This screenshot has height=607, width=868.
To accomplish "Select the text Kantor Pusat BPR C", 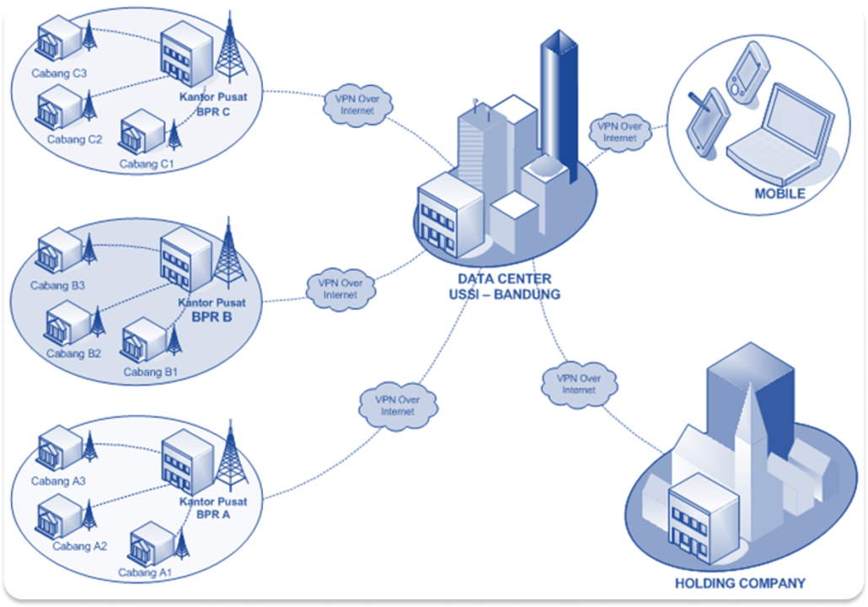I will pos(213,104).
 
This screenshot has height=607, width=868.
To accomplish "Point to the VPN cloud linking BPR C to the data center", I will pos(352,105).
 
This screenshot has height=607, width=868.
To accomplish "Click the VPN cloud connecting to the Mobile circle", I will pos(619,132).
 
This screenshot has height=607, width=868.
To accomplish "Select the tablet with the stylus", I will pos(706,118).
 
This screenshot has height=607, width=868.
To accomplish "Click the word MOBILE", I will pos(780,194).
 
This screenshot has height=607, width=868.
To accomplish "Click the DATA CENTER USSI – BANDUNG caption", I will pos(505,287).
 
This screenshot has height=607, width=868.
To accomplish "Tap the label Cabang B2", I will pos(73,353).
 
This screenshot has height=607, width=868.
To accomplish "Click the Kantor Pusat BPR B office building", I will pos(185,257).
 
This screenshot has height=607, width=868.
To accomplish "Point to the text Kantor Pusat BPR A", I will pos(212,508).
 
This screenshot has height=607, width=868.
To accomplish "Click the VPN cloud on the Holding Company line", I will pos(578,384).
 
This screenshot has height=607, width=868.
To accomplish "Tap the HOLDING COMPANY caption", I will pos(740,583).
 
